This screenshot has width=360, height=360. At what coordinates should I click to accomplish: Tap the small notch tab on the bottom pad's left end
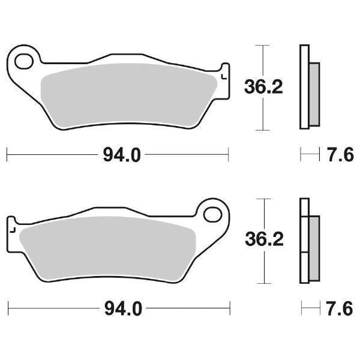11,228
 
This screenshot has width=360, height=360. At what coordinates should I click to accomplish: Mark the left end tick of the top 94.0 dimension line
7,155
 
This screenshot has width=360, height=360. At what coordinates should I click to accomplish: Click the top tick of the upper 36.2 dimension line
260,45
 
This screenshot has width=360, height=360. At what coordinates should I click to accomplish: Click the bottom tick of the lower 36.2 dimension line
260,284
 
